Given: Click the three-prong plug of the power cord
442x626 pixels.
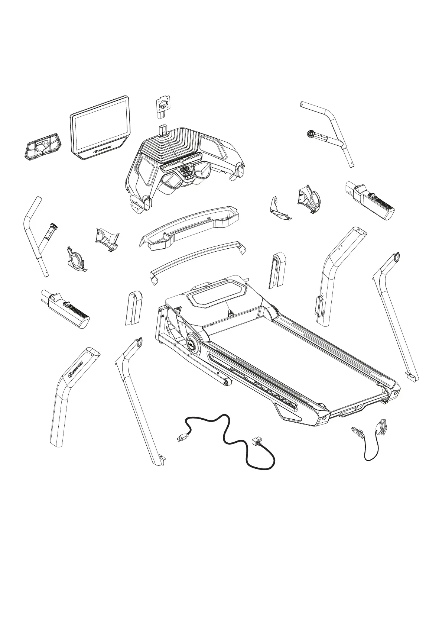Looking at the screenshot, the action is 182,439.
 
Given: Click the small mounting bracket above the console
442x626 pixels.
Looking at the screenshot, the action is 162,107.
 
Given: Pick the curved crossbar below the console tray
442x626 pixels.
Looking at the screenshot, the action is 197,258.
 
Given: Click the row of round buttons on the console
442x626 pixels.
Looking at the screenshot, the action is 182,161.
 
